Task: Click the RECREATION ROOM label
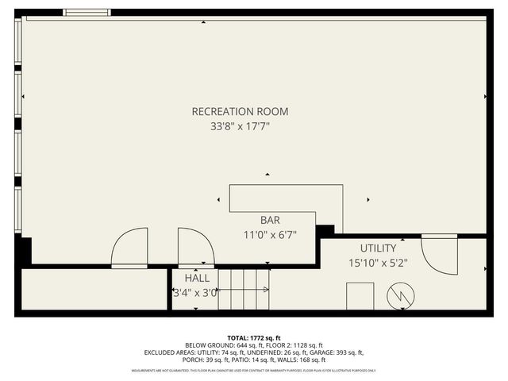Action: point(240,112)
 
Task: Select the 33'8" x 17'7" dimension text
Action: point(240,125)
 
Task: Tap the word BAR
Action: point(270,220)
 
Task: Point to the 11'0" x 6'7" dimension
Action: point(270,234)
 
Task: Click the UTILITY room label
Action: point(378,248)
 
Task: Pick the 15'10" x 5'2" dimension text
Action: point(378,263)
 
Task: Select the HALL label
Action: point(197,279)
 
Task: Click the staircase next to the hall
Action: point(244,290)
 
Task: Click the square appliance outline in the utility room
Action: point(360,296)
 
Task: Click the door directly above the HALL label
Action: point(195,247)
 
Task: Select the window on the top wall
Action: point(87,13)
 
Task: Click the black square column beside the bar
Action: point(325,229)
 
